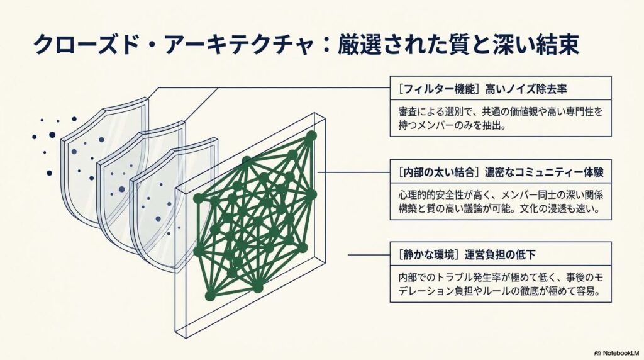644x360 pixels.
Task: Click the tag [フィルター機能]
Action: coord(438,89)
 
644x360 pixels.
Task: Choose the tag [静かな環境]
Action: coord(428,255)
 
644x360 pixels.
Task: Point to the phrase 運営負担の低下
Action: coord(500,255)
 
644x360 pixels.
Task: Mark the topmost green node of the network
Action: coord(311,135)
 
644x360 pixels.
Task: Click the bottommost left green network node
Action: coord(210,296)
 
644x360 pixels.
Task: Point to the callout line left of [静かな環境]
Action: coord(369,255)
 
